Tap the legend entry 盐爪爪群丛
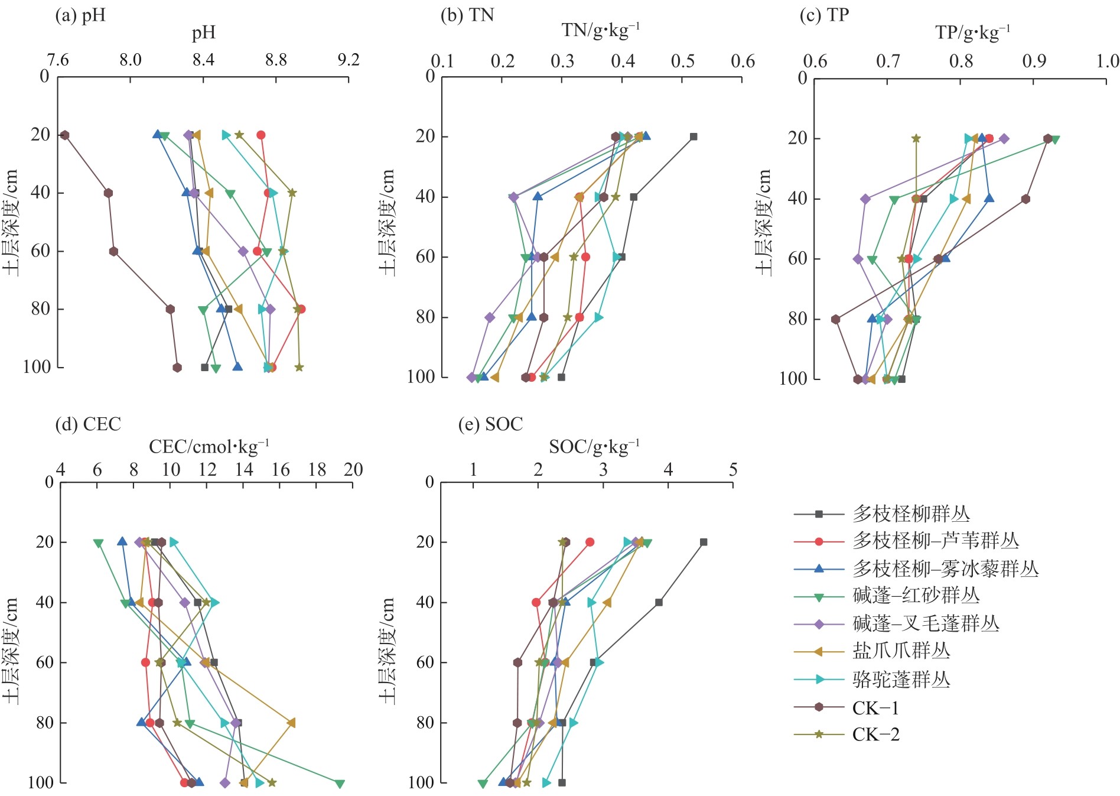[x=901, y=651]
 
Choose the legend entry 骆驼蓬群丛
[x=901, y=680]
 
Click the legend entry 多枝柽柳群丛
[x=910, y=514]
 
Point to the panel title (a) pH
[x=80, y=15]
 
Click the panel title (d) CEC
[x=87, y=424]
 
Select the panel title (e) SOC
[x=490, y=424]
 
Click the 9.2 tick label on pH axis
[x=348, y=60]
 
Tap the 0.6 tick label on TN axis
[x=743, y=61]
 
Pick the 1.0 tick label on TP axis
[x=1107, y=61]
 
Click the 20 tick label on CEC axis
[x=353, y=470]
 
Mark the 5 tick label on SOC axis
[x=733, y=470]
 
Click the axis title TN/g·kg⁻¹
[x=600, y=30]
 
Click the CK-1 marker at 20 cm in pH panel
[x=65, y=135]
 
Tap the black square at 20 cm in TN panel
[x=694, y=137]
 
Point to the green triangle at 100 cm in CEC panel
[x=340, y=784]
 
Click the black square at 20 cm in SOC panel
[x=704, y=542]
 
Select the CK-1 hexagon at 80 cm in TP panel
[x=835, y=320]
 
